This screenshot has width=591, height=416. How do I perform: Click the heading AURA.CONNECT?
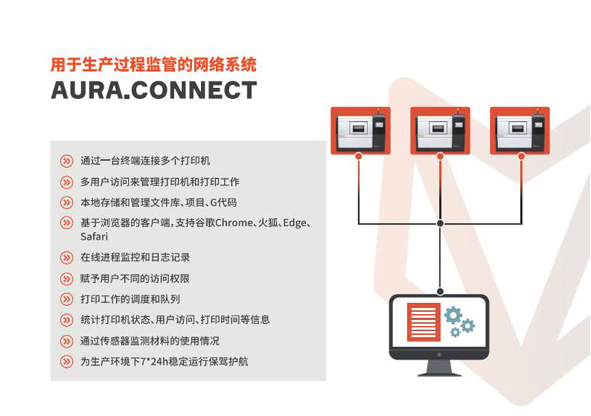click(154, 90)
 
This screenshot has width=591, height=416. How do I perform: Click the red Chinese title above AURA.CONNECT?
click(154, 64)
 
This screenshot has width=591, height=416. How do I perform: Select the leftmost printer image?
click(361, 131)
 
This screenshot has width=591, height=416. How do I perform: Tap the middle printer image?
click(440, 131)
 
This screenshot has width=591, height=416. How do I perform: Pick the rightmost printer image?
click(520, 131)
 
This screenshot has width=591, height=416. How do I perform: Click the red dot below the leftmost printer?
click(358, 156)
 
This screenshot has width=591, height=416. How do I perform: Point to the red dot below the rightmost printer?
click(522, 156)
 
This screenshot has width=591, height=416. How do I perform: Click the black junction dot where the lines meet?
click(440, 223)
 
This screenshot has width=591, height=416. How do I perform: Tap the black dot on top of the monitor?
click(440, 292)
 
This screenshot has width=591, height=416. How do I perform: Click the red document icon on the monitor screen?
click(423, 322)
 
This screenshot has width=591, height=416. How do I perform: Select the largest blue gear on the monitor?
click(453, 316)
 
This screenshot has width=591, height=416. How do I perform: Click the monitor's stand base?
click(439, 374)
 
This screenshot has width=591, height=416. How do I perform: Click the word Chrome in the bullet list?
click(233, 223)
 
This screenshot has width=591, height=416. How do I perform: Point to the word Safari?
click(95, 237)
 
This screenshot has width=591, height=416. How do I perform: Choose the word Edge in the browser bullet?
click(295, 223)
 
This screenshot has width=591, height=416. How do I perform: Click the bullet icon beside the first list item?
click(66, 161)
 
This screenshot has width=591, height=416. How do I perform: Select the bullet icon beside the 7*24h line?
click(66, 362)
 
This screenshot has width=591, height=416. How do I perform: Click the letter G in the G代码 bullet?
click(213, 203)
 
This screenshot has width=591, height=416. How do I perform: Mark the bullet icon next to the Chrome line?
click(66, 223)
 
